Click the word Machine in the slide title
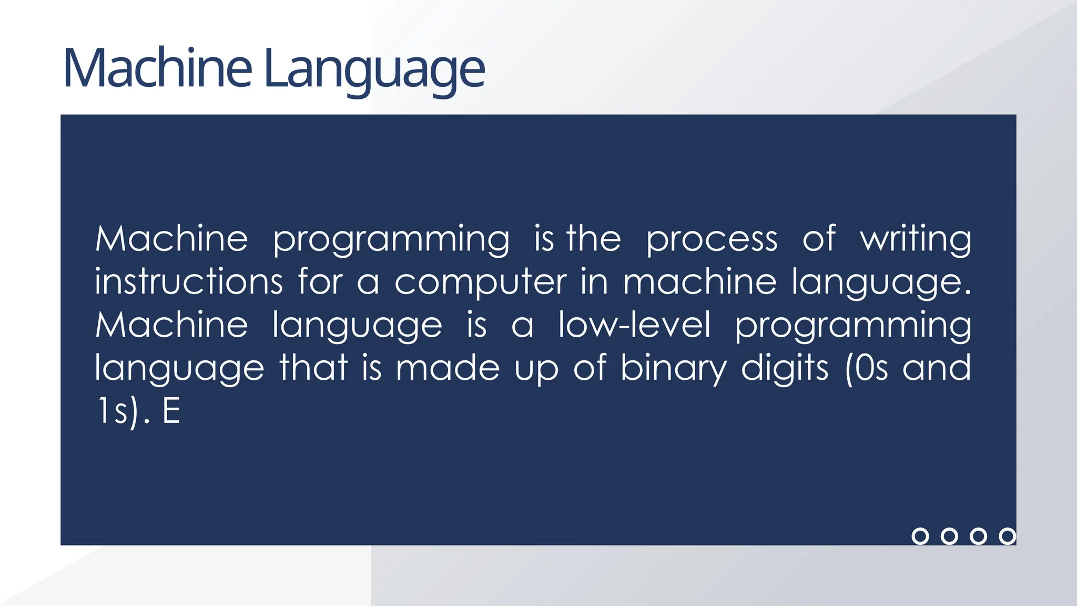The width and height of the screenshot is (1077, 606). [157, 68]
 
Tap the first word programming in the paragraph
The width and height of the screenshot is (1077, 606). [391, 240]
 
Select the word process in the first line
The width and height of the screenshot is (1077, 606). [712, 240]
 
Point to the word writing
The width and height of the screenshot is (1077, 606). [916, 239]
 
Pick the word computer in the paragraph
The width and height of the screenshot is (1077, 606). [480, 283]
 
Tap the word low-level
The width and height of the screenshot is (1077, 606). [634, 325]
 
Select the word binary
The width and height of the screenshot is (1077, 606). [673, 368]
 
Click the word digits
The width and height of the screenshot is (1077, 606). [785, 368]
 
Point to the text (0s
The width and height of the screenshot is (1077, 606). [866, 368]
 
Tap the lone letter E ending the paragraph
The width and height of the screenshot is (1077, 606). [171, 411]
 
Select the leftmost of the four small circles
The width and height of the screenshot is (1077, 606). [920, 536]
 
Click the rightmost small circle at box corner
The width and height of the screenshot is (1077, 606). [1007, 536]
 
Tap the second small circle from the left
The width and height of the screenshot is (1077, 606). [949, 536]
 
